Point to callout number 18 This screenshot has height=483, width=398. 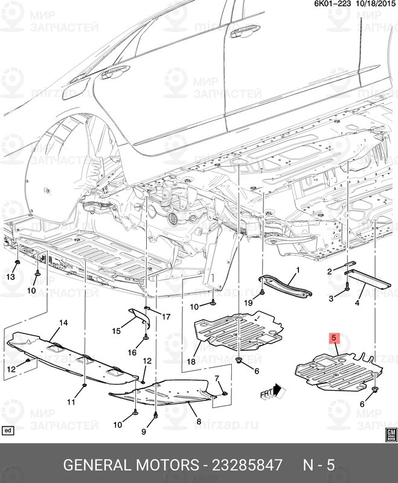191,362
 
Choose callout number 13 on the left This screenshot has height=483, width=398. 10,277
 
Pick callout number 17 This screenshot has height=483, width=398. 166,317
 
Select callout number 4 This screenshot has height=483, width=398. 358,302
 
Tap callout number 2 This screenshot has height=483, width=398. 330,272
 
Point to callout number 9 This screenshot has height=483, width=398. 144,431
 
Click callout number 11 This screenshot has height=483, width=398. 71,402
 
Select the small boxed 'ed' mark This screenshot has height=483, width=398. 8,430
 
